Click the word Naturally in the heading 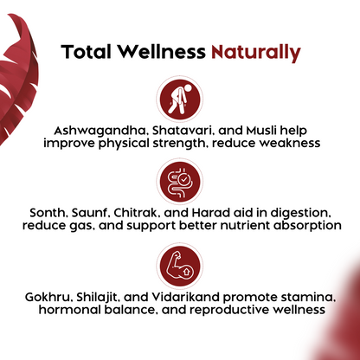pyautogui.click(x=256, y=52)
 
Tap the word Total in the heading pyautogui.click(x=87, y=52)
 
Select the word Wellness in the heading pyautogui.click(x=163, y=52)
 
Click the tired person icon pyautogui.click(x=179, y=97)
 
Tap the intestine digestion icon pyautogui.click(x=179, y=182)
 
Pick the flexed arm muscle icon pyautogui.click(x=179, y=266)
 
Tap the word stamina pyautogui.click(x=308, y=297)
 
